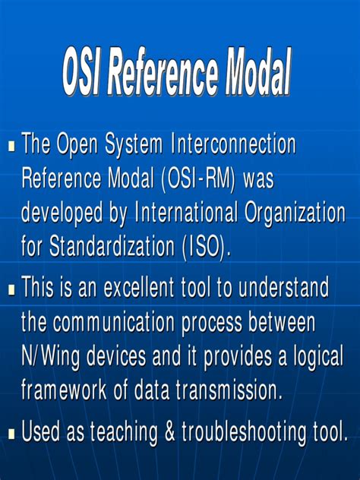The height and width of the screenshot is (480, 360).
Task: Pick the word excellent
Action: (x=154, y=288)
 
